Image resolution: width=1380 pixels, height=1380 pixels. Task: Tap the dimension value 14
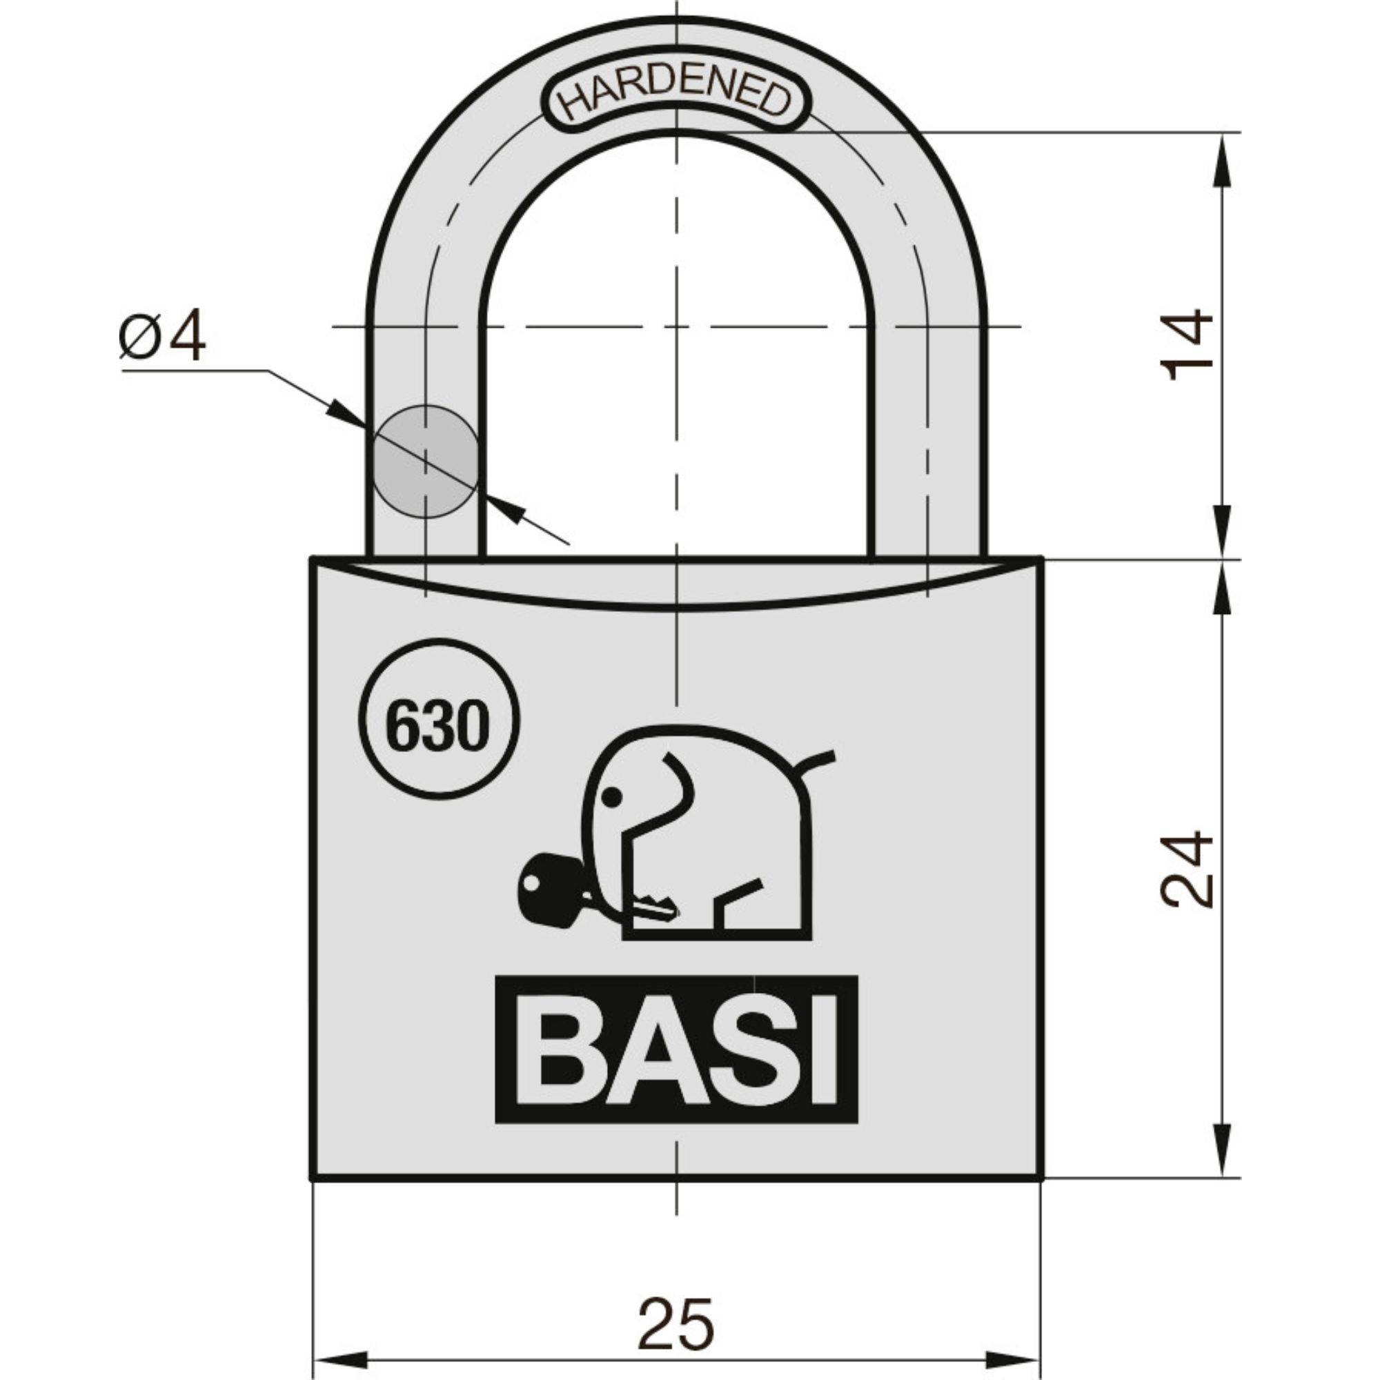pos(1186,345)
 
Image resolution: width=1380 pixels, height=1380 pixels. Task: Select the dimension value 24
pos(1186,869)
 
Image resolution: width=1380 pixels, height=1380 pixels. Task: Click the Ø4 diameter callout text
pos(163,337)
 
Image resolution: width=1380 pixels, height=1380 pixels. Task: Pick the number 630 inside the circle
pos(437,727)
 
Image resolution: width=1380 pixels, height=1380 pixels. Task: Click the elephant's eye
pos(611,796)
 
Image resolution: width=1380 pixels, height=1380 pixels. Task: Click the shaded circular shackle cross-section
pos(426,462)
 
